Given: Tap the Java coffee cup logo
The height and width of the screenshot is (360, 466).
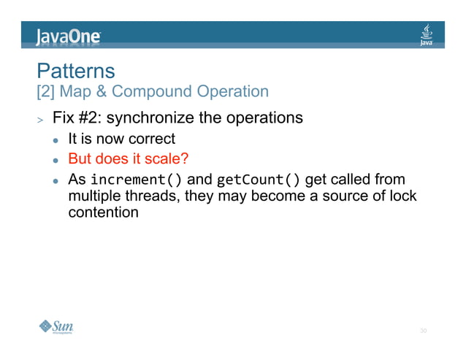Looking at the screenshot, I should click(x=427, y=34).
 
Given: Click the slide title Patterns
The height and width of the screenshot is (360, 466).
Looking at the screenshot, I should click(x=76, y=71).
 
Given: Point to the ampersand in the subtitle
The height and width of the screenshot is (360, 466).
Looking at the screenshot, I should click(x=101, y=92).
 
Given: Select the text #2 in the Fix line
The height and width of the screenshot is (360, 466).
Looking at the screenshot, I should click(x=91, y=118).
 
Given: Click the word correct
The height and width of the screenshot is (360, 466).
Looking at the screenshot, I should click(x=151, y=139).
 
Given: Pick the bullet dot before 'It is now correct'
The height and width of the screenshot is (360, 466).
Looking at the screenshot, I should click(x=55, y=139).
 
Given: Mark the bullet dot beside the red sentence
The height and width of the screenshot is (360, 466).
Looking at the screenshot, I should click(x=55, y=160).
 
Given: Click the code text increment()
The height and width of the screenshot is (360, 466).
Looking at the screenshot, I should click(x=137, y=180).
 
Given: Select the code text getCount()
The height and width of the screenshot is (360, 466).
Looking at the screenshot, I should click(x=259, y=180).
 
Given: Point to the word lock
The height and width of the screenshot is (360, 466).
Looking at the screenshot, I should click(x=390, y=196).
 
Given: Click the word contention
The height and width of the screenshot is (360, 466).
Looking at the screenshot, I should click(x=103, y=212).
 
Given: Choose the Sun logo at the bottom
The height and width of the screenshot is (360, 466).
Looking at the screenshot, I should click(x=57, y=326).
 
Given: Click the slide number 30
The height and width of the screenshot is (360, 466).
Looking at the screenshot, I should click(x=422, y=332).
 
